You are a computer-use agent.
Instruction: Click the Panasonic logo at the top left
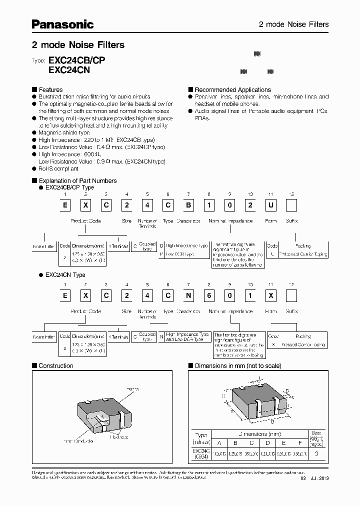tap(62, 24)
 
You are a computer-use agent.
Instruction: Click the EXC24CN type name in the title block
tap(69, 70)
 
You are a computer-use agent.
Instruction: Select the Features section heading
tap(50, 89)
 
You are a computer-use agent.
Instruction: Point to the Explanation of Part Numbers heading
tap(77, 180)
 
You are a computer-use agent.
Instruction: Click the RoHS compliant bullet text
tap(58, 168)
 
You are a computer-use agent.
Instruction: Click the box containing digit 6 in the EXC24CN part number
tap(208, 296)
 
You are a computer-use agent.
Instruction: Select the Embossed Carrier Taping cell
tap(303, 254)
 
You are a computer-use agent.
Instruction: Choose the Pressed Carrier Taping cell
tap(303, 344)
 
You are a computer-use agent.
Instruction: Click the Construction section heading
tap(56, 365)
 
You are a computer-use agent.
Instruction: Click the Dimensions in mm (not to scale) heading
tap(237, 365)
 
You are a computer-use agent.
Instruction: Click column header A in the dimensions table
tap(218, 442)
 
